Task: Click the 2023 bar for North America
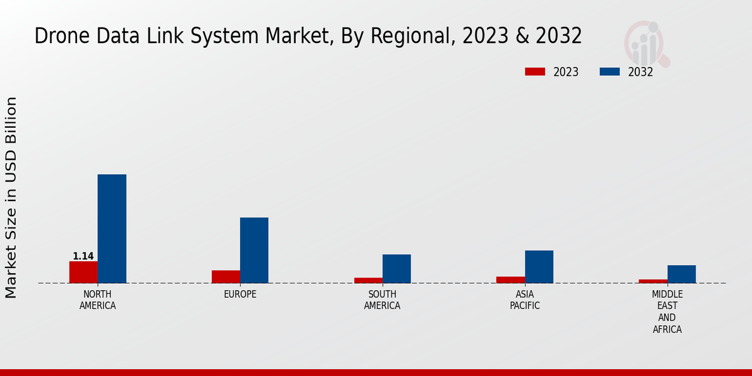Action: tap(83, 272)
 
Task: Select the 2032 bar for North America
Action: tap(112, 229)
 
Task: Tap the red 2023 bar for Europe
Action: tap(226, 276)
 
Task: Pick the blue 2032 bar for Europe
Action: tap(254, 250)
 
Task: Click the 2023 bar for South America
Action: tap(368, 280)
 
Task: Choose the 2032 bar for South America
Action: tap(397, 268)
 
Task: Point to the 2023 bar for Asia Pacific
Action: tap(510, 279)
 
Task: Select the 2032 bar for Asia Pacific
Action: tap(539, 266)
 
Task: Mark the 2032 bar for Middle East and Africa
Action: tap(681, 274)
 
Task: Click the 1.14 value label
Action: tap(83, 256)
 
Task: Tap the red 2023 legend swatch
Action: tap(535, 72)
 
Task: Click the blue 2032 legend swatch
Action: tap(609, 72)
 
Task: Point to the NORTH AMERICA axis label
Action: tap(97, 300)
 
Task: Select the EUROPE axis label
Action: tap(240, 295)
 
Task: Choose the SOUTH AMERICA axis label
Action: tap(382, 300)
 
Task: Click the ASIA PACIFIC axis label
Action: tap(525, 300)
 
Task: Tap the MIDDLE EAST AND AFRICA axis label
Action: tap(667, 312)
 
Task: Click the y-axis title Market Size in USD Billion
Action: tap(11, 197)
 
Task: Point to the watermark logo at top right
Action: tap(646, 43)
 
